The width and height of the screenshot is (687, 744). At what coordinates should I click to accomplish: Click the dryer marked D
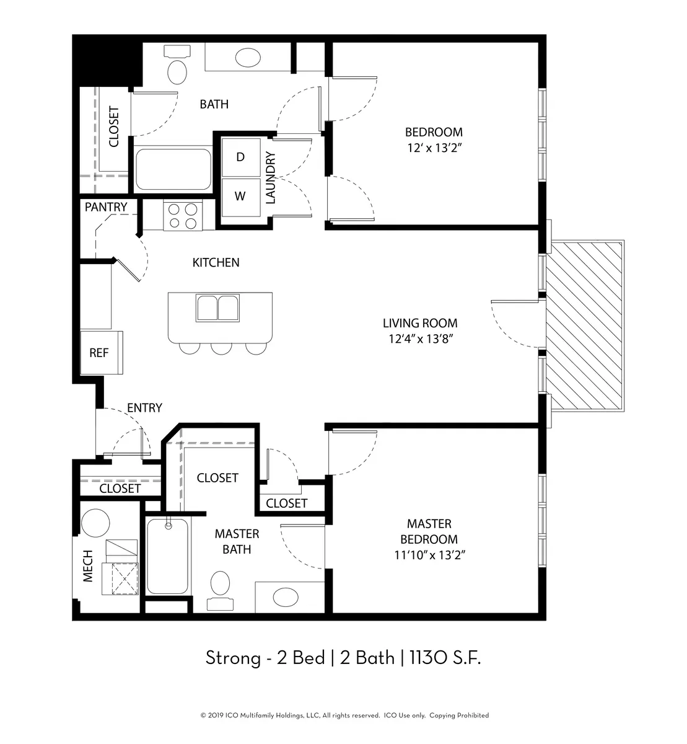[241, 157]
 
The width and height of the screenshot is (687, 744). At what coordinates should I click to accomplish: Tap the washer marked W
[241, 197]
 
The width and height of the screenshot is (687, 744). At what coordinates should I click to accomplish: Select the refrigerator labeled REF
[102, 353]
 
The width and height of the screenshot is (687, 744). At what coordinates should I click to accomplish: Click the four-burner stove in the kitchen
[183, 215]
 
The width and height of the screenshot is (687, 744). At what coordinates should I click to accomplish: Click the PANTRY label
[106, 207]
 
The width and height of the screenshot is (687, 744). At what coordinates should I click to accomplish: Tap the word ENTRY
[144, 407]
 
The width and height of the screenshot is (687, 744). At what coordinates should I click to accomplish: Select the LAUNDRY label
[270, 177]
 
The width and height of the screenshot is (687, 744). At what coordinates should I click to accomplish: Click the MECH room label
[87, 566]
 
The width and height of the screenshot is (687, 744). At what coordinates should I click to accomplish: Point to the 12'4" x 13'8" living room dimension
[421, 339]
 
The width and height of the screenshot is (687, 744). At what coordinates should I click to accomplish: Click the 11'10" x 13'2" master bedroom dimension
[429, 555]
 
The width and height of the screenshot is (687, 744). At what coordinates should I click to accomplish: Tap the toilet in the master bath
[220, 590]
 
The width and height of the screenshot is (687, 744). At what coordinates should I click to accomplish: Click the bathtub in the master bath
[167, 556]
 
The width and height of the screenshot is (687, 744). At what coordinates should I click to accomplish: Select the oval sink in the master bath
[286, 598]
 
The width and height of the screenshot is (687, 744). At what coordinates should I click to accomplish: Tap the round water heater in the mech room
[95, 523]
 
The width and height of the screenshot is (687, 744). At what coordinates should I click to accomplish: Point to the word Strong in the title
[233, 658]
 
